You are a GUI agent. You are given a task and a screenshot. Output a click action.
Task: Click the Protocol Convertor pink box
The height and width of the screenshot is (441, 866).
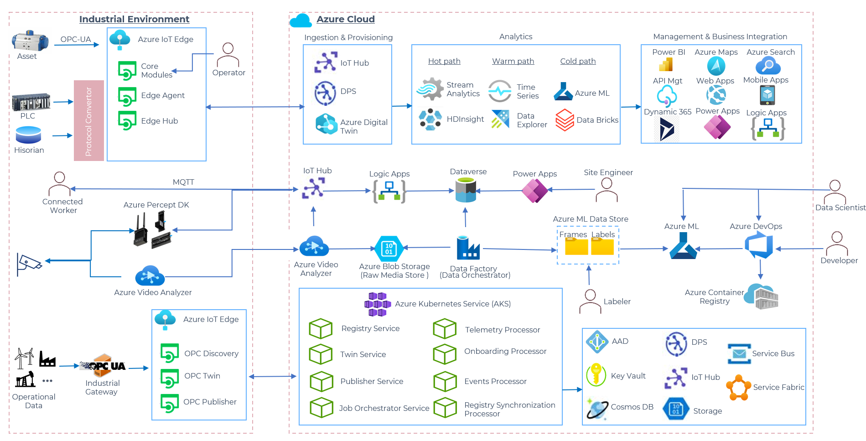[x=89, y=120]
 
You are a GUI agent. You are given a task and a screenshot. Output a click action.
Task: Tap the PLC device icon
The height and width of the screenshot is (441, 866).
[x=31, y=102]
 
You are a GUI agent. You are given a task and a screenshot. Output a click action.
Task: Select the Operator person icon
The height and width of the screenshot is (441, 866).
[x=228, y=55]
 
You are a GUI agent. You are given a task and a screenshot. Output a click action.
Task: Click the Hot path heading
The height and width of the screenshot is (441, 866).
[x=444, y=61]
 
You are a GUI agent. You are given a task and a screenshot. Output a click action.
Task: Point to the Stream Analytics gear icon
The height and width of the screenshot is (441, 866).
[x=430, y=89]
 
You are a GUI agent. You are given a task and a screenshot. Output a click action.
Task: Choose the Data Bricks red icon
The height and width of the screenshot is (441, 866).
[x=565, y=120]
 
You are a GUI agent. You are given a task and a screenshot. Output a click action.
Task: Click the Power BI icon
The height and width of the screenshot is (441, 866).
[x=666, y=65]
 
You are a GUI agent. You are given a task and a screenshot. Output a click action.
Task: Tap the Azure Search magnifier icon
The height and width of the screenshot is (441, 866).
[x=768, y=66]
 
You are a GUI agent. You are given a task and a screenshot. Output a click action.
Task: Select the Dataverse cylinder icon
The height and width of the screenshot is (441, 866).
[x=466, y=190]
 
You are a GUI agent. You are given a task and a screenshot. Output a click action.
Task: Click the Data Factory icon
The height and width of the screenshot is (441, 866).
[x=468, y=248]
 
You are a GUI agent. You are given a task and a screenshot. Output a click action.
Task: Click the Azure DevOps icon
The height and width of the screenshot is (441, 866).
[x=759, y=244]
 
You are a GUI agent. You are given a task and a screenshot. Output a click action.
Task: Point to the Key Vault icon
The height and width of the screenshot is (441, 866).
[x=596, y=375]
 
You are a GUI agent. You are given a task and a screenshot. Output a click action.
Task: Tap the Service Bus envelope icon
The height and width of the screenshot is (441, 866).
[x=739, y=354]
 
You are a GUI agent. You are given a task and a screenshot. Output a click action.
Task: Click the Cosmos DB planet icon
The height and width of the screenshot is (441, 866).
[x=597, y=408]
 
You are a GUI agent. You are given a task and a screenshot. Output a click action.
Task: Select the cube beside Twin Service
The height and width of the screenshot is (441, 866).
[x=321, y=354]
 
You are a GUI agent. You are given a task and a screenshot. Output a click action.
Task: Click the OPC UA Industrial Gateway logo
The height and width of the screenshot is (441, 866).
[x=103, y=366]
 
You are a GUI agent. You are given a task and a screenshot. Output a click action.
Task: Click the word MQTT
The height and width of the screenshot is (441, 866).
[x=183, y=182]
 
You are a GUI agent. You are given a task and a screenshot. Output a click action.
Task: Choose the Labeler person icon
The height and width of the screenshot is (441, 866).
[x=590, y=301]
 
